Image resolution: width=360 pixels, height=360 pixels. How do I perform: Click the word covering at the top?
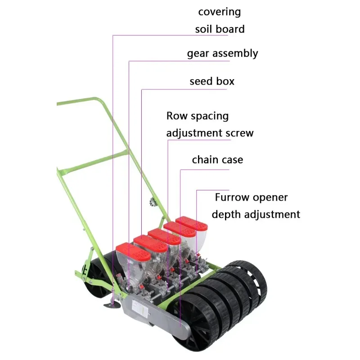click(220, 12)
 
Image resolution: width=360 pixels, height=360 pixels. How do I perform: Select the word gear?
click(198, 54)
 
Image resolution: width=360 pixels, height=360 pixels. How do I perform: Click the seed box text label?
click(212, 82)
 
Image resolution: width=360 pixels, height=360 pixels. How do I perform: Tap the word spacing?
click(209, 117)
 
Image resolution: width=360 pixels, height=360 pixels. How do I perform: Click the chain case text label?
click(217, 160)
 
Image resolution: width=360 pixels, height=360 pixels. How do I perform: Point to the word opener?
click(270, 198)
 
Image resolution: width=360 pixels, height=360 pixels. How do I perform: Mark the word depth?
click(227, 214)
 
